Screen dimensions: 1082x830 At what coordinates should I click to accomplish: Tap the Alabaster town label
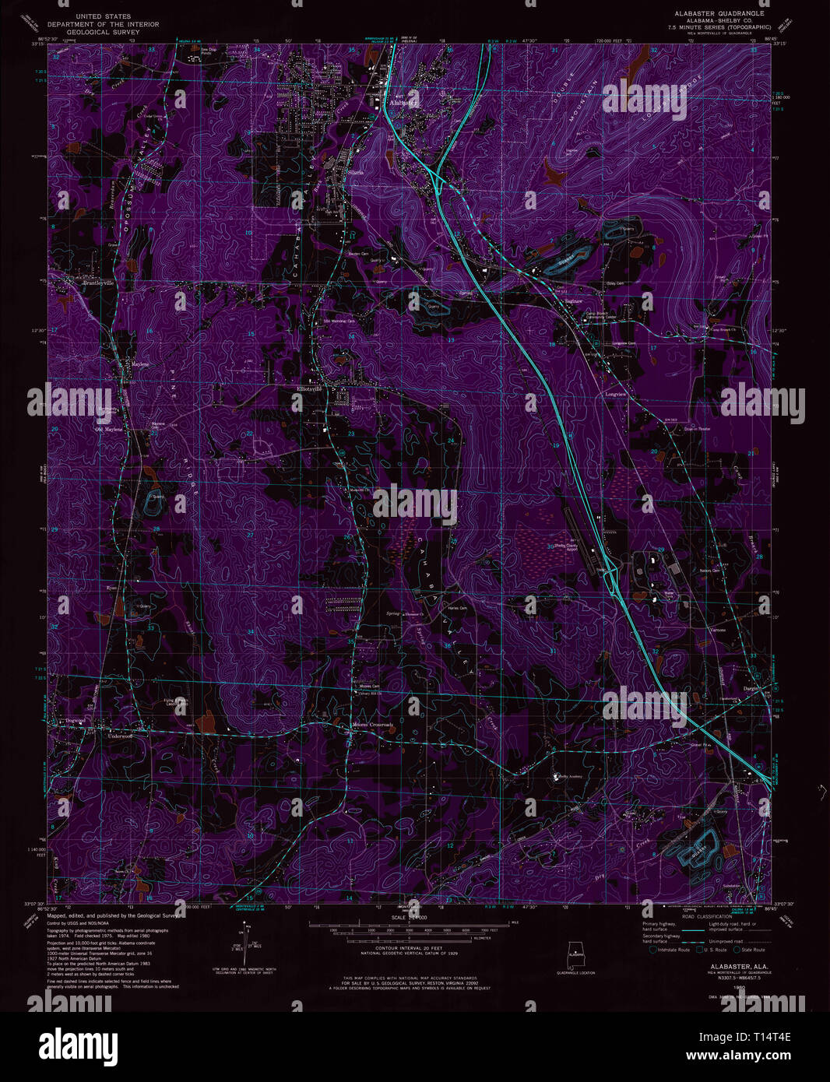click(403, 102)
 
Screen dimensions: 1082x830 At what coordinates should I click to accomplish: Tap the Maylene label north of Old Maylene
click(139, 364)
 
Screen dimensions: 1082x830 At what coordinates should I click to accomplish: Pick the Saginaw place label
click(574, 300)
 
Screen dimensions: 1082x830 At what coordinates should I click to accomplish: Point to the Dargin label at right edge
click(750, 688)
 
